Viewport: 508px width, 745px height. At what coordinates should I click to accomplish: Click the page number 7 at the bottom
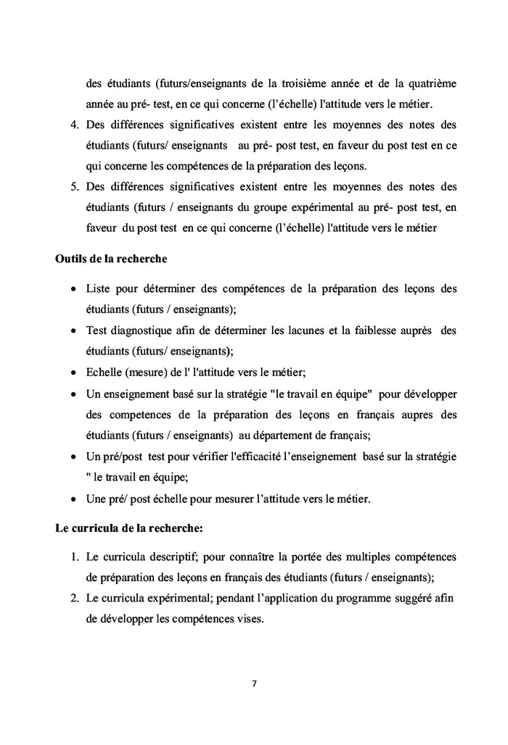(x=254, y=683)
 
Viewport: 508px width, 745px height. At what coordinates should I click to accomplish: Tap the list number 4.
(x=74, y=125)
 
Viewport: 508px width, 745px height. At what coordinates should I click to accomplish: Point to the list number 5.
(x=74, y=188)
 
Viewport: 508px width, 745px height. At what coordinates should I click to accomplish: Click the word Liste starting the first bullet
(x=99, y=288)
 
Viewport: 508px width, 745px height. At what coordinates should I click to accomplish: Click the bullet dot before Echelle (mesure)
(x=74, y=373)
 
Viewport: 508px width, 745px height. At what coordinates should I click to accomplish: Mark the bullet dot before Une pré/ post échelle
(x=74, y=499)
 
